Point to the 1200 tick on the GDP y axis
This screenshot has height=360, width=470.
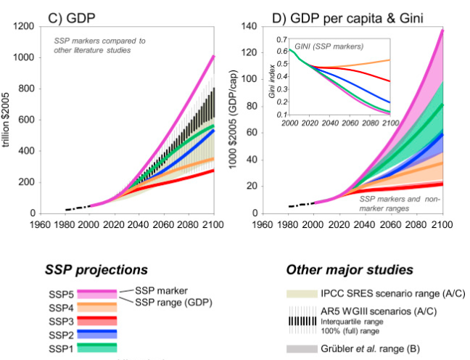tap(25, 27)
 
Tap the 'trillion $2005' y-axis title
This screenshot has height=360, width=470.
tap(7, 119)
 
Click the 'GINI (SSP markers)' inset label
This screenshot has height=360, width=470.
tap(328, 46)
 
